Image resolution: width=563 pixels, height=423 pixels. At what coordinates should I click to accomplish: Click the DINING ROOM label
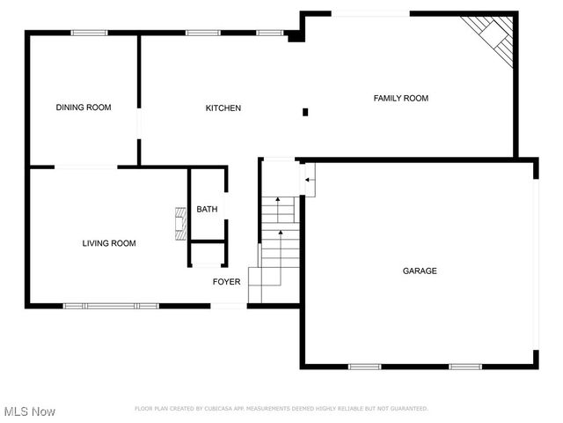[x=84, y=108]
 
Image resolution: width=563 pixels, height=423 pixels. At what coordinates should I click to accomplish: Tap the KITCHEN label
[x=223, y=108]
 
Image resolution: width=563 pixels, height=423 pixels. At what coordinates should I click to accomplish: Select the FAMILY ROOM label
[x=401, y=98]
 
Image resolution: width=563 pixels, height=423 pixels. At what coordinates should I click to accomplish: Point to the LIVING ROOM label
[x=109, y=243]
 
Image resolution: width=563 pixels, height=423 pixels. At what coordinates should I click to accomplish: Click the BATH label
[x=207, y=209]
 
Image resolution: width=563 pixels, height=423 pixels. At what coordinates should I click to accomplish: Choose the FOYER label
[x=226, y=282]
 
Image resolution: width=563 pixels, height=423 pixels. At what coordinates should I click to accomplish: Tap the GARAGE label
[x=420, y=271]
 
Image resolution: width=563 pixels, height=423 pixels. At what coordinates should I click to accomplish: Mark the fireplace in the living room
[x=180, y=224]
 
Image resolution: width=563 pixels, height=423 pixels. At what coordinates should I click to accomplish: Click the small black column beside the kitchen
[x=305, y=112]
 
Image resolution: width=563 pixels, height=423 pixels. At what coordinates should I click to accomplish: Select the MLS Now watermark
[x=30, y=412]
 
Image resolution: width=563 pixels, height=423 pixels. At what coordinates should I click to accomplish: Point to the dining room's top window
[x=89, y=33]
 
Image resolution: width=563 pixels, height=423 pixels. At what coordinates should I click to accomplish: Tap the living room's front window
[x=111, y=306]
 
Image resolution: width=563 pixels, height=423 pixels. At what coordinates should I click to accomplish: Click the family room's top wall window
[x=369, y=13]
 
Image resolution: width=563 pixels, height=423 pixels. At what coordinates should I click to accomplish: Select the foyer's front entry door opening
[x=229, y=306]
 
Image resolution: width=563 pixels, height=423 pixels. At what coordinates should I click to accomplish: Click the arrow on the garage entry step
[x=308, y=182]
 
